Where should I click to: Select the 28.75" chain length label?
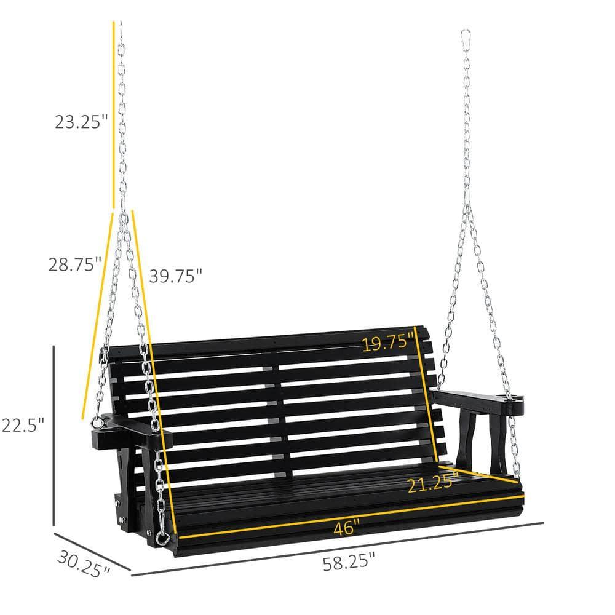tap(75, 264)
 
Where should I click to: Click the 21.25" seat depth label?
tap(432, 483)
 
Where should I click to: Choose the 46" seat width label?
tap(347, 528)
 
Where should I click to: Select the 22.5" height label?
tap(23, 424)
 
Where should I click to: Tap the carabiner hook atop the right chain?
tap(466, 37)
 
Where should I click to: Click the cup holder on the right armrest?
tap(514, 407)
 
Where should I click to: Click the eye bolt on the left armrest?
tap(97, 423)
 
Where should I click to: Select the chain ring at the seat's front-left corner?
tap(162, 539)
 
